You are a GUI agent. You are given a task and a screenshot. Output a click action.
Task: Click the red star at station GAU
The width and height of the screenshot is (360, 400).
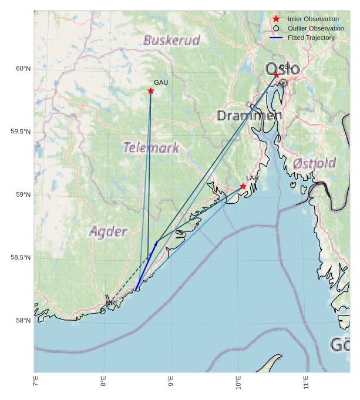[x=151, y=90]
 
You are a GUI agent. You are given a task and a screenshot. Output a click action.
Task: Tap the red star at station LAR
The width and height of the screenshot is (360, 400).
[x=243, y=186]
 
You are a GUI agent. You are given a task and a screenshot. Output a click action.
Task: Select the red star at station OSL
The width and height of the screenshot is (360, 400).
[x=277, y=75]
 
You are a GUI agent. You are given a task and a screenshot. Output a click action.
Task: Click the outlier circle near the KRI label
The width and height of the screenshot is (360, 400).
[x=103, y=311]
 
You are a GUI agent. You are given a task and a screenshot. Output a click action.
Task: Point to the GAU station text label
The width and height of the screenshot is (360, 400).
[x=161, y=82]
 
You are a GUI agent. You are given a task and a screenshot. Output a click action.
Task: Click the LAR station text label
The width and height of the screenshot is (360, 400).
[x=253, y=178]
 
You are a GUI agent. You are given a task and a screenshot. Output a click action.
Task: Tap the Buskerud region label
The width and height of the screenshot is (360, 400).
[x=171, y=41]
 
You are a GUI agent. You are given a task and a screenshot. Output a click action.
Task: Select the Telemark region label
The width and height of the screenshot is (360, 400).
[x=151, y=147]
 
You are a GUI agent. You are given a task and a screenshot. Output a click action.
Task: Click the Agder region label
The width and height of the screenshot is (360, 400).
[x=108, y=231]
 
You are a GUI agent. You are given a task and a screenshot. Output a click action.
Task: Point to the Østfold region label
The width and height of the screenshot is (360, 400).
[x=314, y=163]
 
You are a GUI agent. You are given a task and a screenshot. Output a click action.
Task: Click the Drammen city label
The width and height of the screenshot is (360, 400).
[x=249, y=116]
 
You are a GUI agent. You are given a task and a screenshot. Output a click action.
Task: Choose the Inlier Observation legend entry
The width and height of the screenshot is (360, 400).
[x=313, y=19]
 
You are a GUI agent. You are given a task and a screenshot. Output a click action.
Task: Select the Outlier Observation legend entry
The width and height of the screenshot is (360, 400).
[x=315, y=28]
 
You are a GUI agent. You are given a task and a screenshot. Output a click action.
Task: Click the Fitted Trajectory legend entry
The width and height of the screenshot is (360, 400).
[x=311, y=38]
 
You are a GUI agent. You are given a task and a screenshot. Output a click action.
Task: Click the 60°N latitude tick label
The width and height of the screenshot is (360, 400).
[x=23, y=69]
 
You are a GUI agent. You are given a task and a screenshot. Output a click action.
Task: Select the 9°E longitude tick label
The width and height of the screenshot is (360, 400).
[x=171, y=384]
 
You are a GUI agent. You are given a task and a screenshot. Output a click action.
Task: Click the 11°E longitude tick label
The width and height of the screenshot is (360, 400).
[x=305, y=384]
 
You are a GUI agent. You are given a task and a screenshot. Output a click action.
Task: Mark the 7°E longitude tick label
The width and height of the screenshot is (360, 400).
[x=36, y=384]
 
